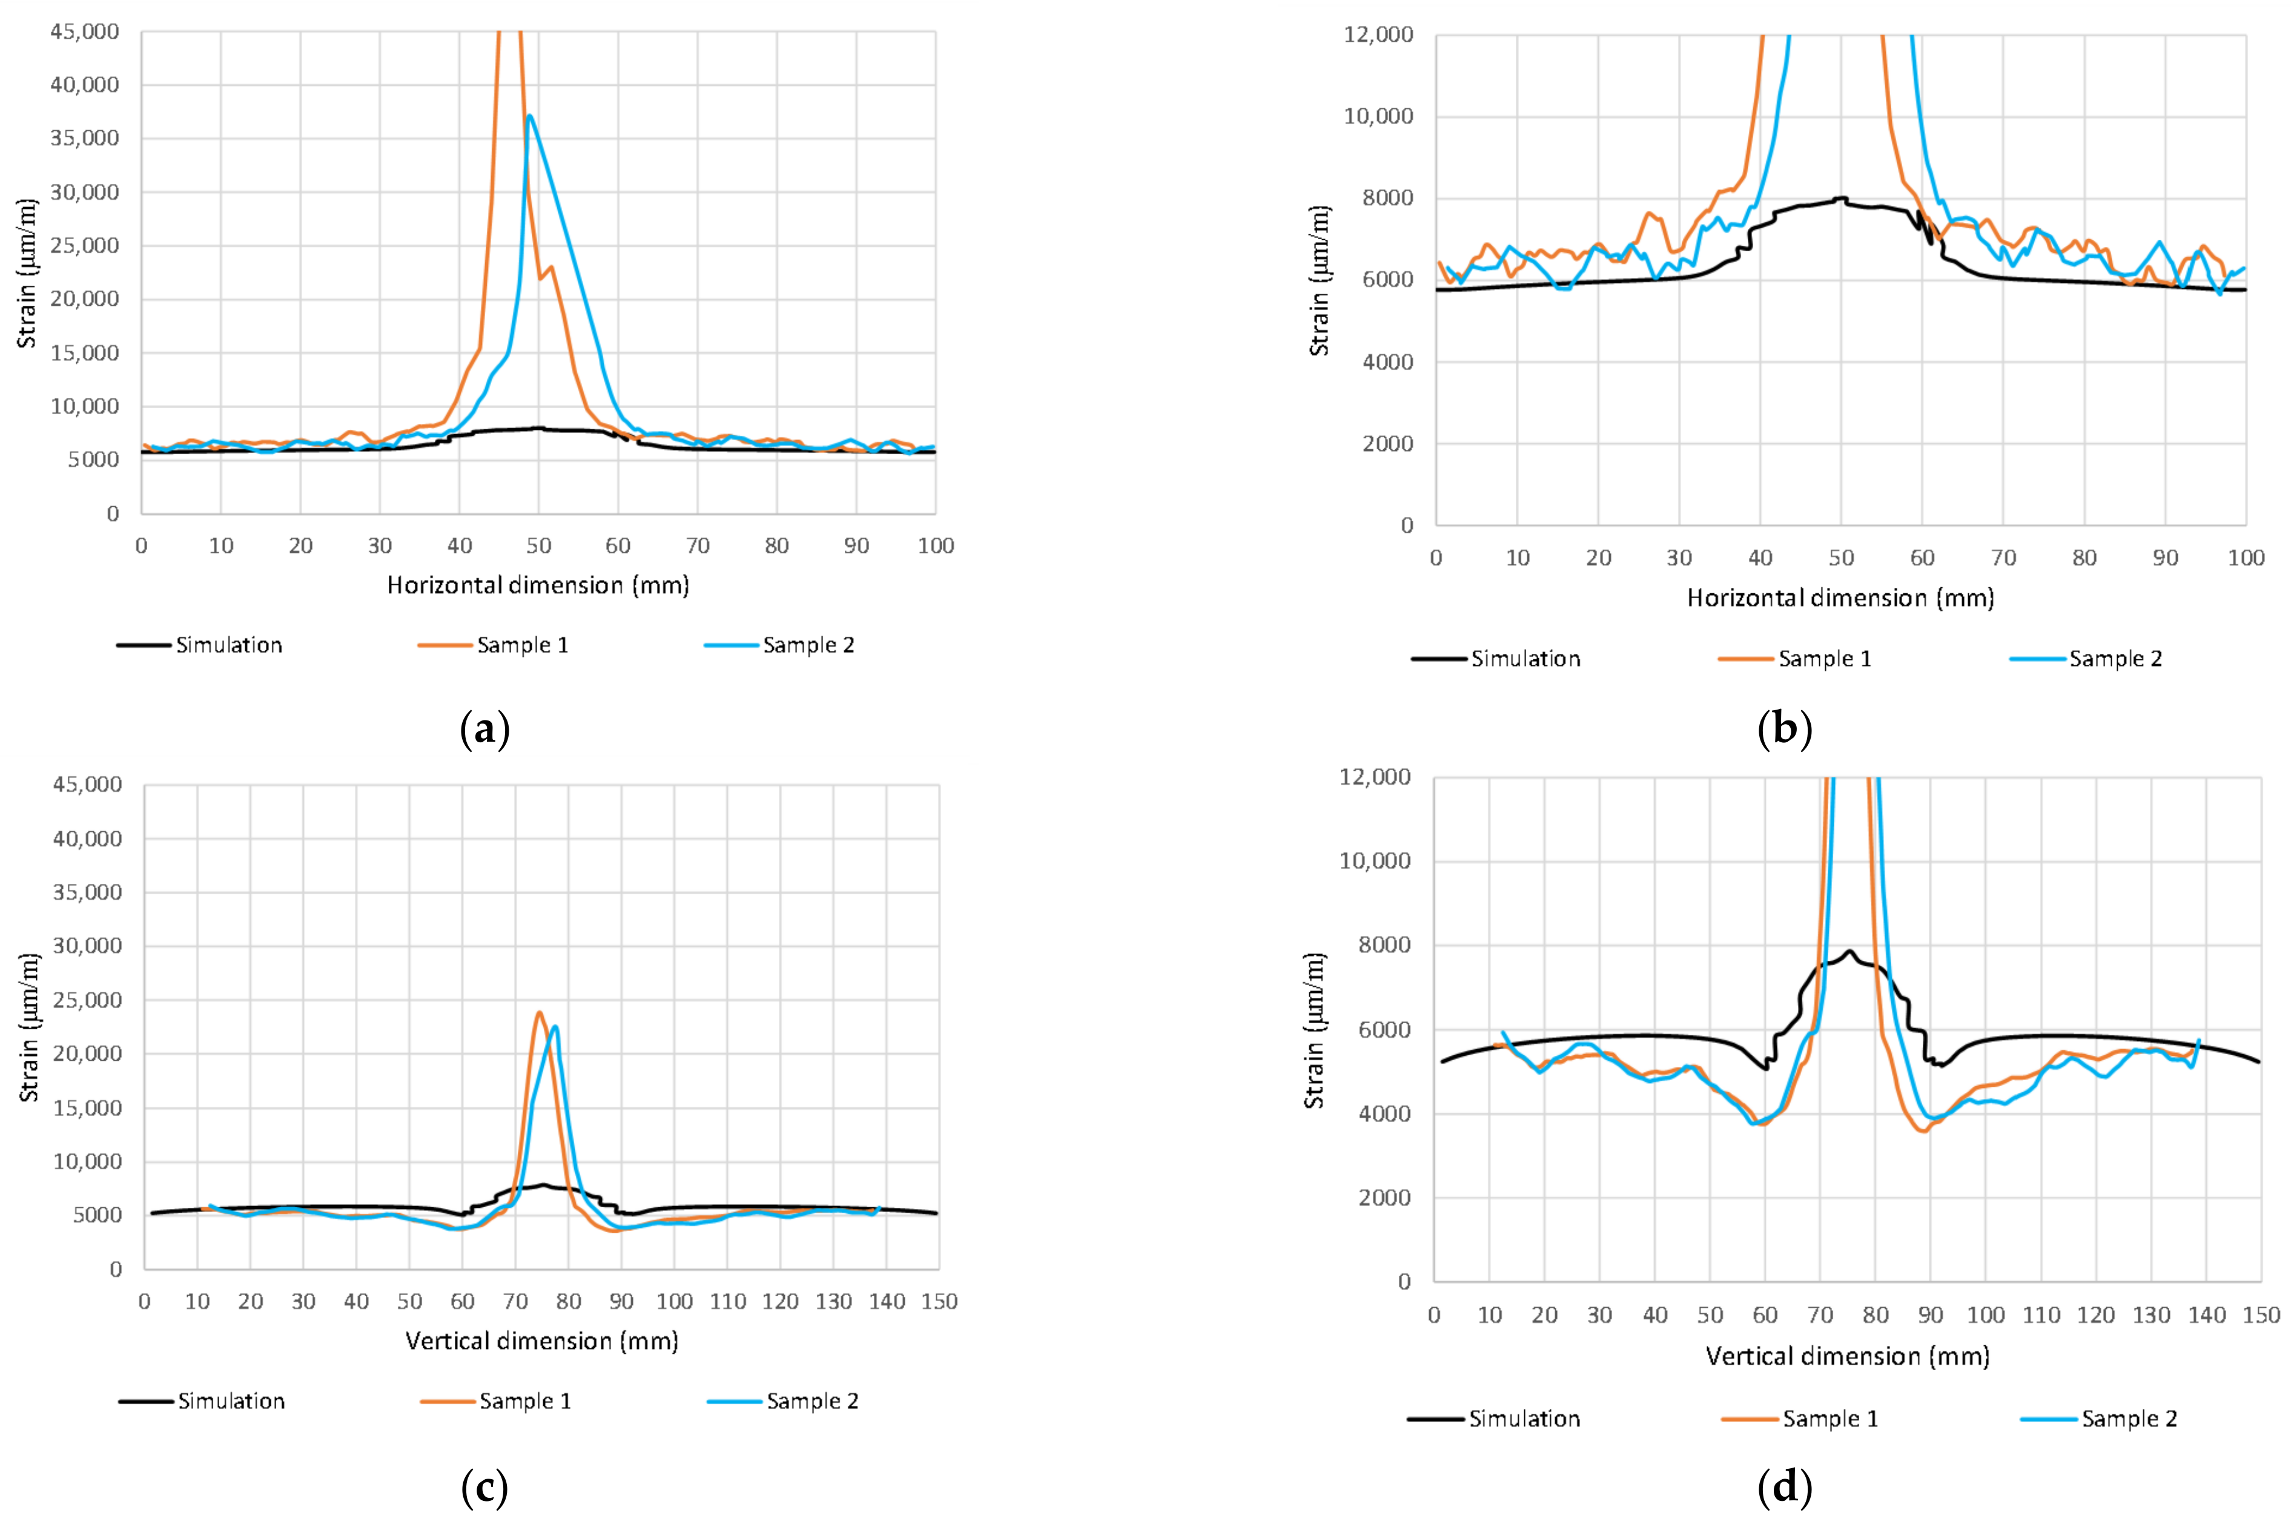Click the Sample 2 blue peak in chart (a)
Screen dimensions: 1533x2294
coord(529,116)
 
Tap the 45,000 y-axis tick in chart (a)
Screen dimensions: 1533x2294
coord(84,31)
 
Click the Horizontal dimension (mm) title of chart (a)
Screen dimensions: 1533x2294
coord(538,585)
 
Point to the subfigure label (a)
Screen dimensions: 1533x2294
coord(484,730)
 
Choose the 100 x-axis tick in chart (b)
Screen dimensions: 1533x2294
coord(2245,558)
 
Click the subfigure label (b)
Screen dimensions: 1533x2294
coord(1785,730)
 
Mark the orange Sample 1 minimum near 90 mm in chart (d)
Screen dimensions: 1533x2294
coord(1923,1131)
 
